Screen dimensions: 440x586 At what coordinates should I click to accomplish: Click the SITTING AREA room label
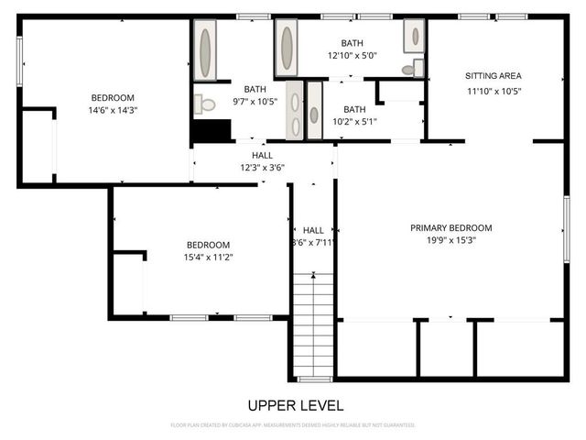493,76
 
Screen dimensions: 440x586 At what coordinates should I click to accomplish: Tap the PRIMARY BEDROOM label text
451,228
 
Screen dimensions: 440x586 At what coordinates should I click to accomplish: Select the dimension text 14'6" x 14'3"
113,110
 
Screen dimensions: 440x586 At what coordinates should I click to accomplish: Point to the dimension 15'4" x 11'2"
208,258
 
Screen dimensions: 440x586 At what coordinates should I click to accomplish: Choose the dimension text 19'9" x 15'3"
451,240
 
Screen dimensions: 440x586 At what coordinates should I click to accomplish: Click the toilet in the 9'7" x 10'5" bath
205,104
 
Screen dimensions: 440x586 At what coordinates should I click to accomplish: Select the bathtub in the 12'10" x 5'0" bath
287,48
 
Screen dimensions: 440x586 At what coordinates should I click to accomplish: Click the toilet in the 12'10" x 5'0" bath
409,69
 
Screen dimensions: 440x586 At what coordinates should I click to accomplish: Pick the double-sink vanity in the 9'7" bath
296,110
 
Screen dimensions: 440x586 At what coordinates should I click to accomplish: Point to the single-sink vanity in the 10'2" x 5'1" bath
314,113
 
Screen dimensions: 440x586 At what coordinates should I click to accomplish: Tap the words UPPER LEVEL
295,404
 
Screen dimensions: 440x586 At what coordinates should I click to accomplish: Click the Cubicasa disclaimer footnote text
293,425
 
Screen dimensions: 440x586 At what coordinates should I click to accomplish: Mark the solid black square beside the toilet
211,131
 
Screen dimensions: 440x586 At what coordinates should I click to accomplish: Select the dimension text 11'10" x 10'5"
493,90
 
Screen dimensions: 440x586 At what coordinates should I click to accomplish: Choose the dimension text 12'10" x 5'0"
353,55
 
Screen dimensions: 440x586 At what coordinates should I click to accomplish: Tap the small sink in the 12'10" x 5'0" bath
415,38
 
